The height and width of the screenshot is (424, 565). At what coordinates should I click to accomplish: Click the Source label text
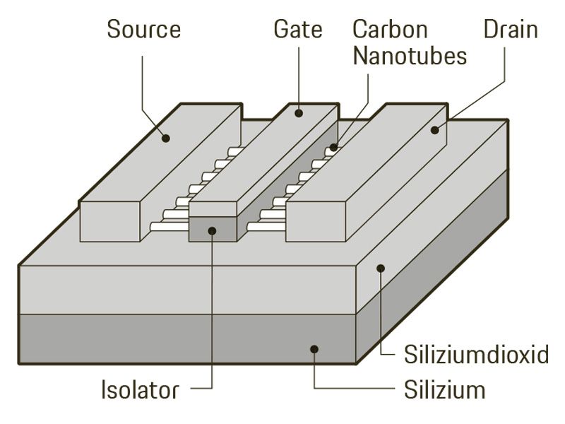143,30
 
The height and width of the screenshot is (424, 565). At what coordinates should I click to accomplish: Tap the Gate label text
297,30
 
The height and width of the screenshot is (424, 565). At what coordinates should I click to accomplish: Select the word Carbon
390,30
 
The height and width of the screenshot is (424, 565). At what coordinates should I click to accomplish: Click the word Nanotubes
410,56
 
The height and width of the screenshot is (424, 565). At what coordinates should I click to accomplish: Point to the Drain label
511,30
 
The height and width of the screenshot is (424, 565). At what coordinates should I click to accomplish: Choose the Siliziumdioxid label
476,354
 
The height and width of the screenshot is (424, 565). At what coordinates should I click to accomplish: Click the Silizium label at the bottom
444,388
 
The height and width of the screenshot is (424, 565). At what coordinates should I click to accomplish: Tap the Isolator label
139,388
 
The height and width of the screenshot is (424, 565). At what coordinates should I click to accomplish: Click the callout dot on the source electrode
166,137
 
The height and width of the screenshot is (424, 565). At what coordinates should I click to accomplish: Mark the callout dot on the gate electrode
298,112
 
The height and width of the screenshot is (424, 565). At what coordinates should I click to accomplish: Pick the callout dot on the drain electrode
435,129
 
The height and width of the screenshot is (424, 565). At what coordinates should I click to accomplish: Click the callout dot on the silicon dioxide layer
380,268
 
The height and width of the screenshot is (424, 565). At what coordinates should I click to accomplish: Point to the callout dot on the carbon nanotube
332,148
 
